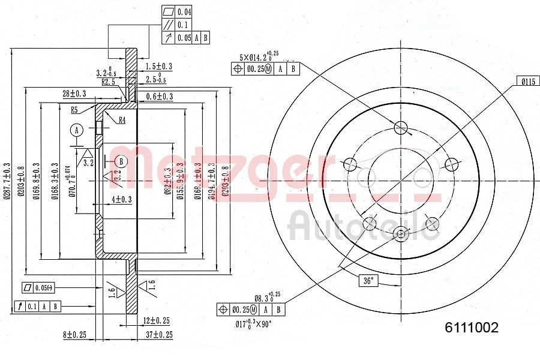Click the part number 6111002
click(x=471, y=328)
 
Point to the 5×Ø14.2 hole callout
click(x=259, y=58)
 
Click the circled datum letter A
click(x=76, y=130)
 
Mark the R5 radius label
click(x=75, y=110)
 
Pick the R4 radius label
click(x=121, y=120)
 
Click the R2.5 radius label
click(x=108, y=82)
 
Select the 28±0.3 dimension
click(x=74, y=93)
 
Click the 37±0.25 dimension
click(x=158, y=334)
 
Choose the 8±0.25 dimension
click(x=74, y=334)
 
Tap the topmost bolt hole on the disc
click(x=401, y=127)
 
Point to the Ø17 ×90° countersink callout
click(x=253, y=324)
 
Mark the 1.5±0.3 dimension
click(x=159, y=66)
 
